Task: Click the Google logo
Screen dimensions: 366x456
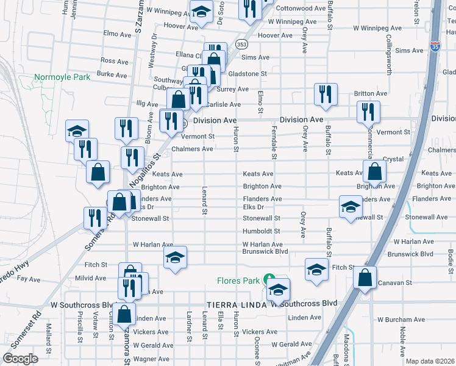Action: [x=21, y=359]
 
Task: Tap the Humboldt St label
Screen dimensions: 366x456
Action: [x=261, y=231]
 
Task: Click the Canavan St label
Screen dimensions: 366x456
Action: [x=395, y=283]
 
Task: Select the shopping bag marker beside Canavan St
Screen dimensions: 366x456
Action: [x=365, y=278]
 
